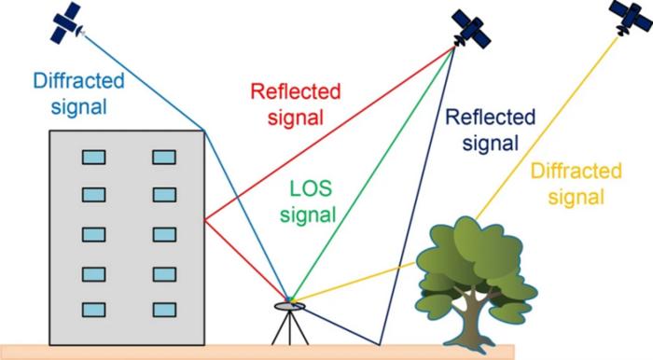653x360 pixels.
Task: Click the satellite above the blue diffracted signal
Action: point(67,23)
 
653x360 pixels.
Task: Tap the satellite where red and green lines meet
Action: point(471,30)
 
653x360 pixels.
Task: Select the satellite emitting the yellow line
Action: point(631,17)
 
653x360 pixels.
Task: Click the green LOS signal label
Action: point(308,201)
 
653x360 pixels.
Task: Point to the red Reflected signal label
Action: point(296,104)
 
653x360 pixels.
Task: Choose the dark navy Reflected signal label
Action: point(490,131)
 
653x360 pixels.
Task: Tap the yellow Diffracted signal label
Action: point(576,184)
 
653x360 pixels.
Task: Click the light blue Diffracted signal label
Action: point(78,93)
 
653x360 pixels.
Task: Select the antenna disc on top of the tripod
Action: point(289,306)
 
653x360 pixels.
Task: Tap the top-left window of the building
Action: point(93,158)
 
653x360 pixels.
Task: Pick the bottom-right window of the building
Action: point(164,310)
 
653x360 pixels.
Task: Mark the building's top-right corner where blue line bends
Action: point(204,131)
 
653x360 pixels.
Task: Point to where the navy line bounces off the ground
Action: point(380,344)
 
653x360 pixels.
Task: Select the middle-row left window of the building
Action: point(93,235)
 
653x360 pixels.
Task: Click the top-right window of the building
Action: point(164,158)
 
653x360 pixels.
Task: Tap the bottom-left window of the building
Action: point(93,310)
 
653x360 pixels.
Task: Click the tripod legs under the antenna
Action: point(290,328)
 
